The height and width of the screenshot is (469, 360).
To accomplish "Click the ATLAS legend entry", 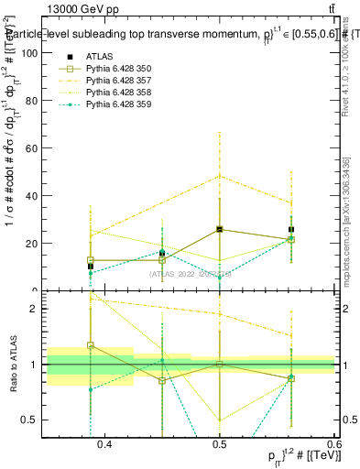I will coord(100,56).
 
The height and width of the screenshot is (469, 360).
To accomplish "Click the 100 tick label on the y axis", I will coord(29,53).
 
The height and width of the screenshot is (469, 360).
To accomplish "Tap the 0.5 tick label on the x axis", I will coord(220,445).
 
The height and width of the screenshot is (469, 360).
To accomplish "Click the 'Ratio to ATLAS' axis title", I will coord(12,364).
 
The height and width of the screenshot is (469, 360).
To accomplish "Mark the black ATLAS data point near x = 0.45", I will coord(162,253).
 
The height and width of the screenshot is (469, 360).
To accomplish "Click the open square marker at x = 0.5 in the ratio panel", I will coord(220,364).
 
